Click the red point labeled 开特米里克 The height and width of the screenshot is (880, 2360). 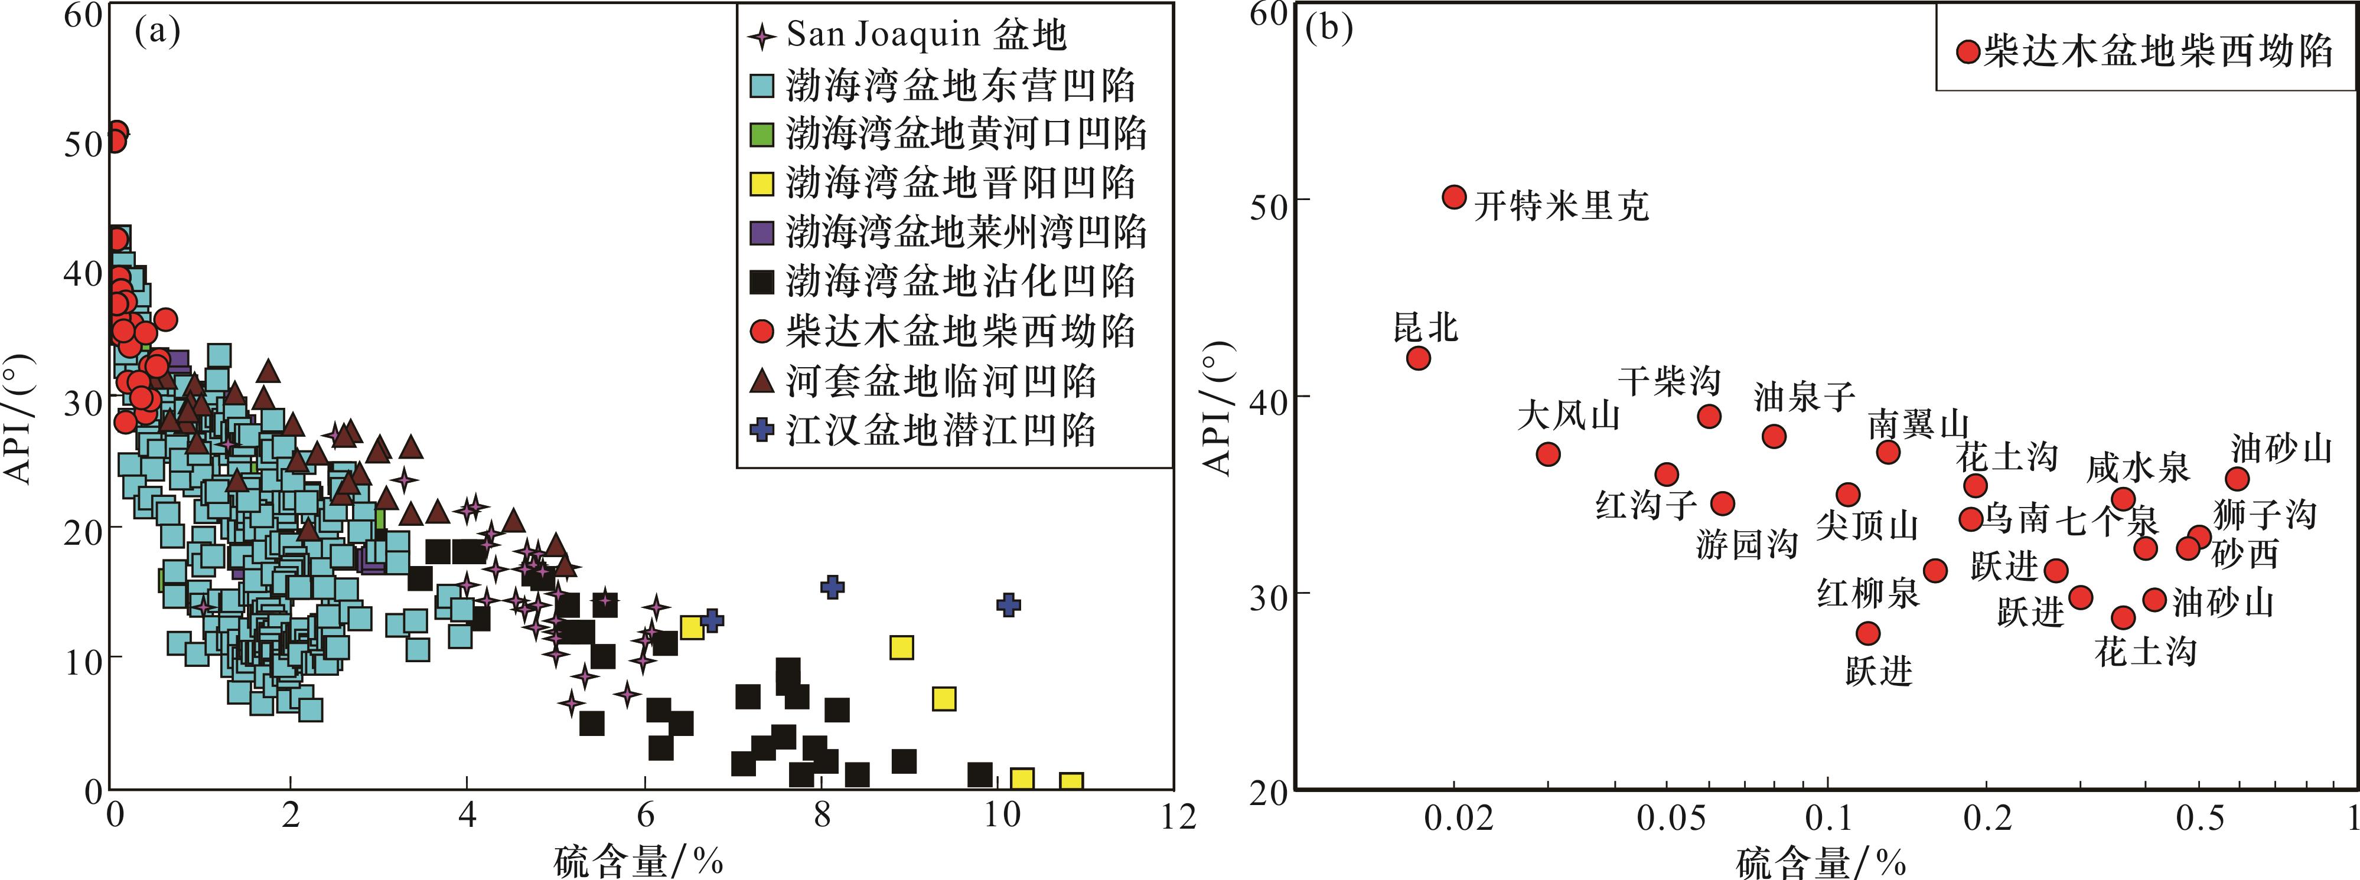click(x=1454, y=197)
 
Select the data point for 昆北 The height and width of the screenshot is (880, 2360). click(x=1418, y=357)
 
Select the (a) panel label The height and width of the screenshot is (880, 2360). click(x=158, y=32)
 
